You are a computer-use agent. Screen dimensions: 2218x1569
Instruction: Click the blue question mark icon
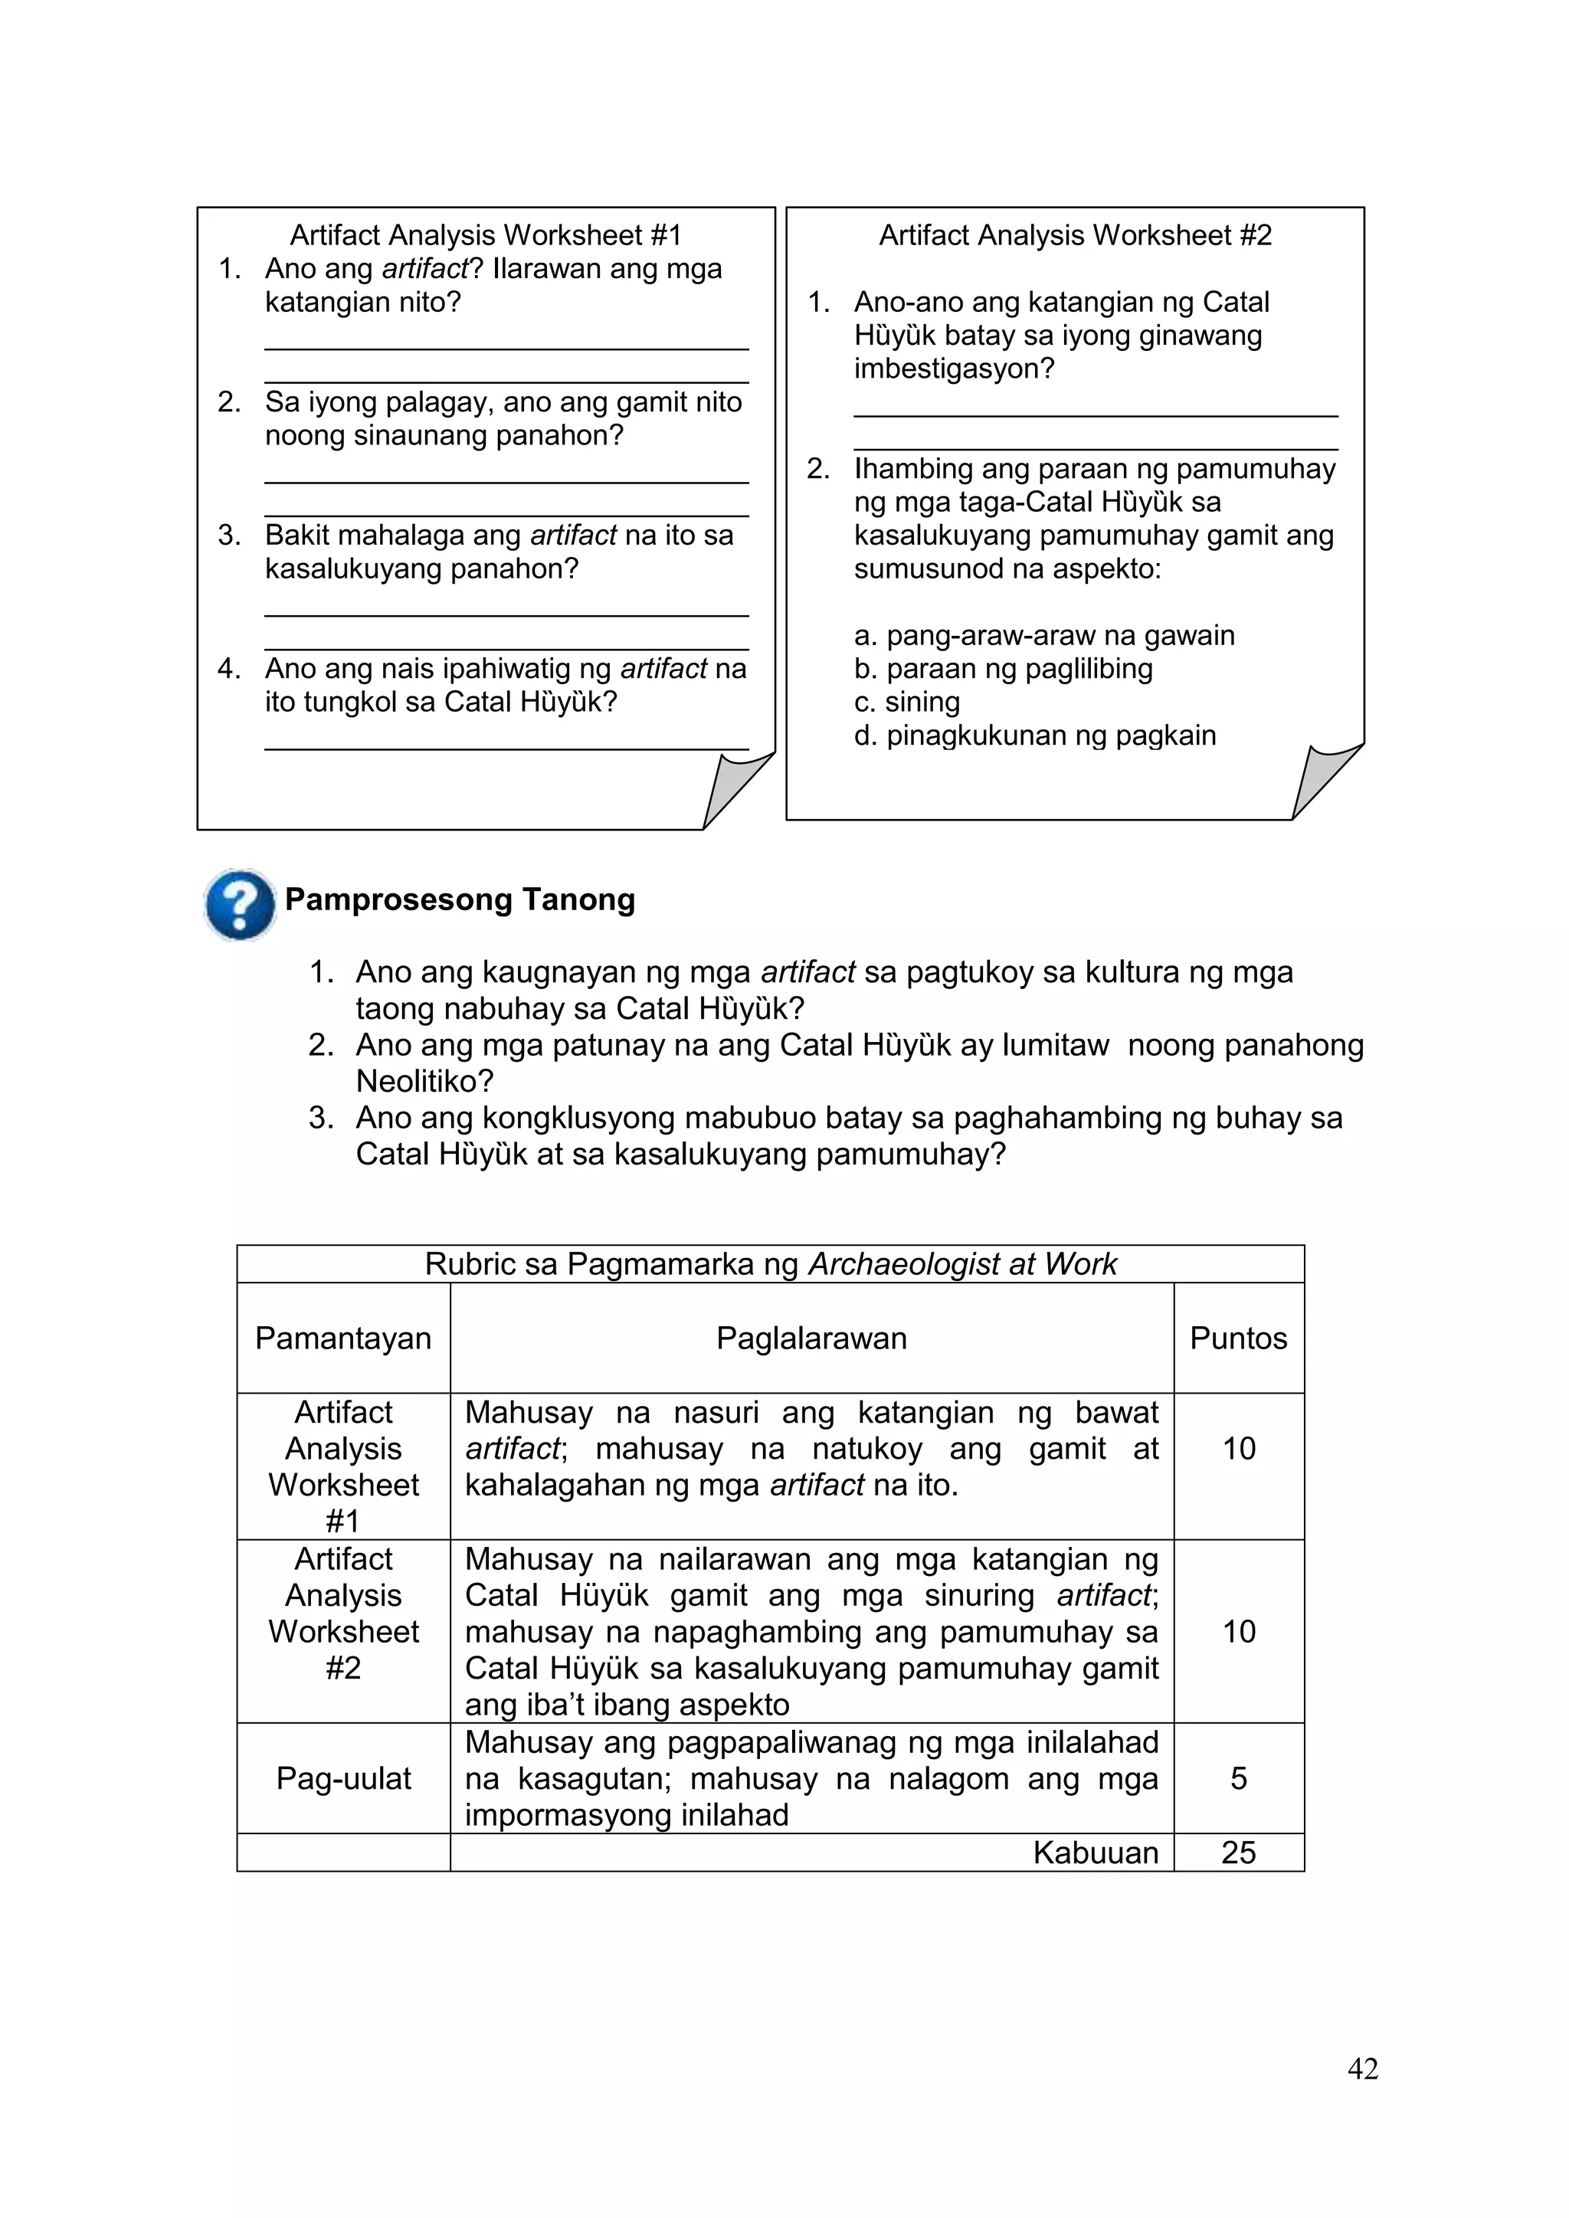click(240, 904)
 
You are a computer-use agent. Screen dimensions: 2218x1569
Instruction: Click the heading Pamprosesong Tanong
click(460, 899)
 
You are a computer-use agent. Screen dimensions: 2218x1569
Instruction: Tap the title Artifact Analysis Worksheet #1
click(486, 234)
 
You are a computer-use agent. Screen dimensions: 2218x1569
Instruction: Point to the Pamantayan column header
click(343, 1338)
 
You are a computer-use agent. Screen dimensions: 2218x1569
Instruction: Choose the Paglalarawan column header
click(811, 1338)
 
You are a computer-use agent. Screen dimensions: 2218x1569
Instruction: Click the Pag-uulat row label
click(343, 1777)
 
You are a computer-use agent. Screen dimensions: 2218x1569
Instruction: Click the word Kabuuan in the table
click(1095, 1852)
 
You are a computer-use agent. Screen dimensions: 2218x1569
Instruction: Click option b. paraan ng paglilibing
click(1003, 669)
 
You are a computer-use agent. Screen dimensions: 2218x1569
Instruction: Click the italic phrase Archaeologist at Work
click(961, 1263)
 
